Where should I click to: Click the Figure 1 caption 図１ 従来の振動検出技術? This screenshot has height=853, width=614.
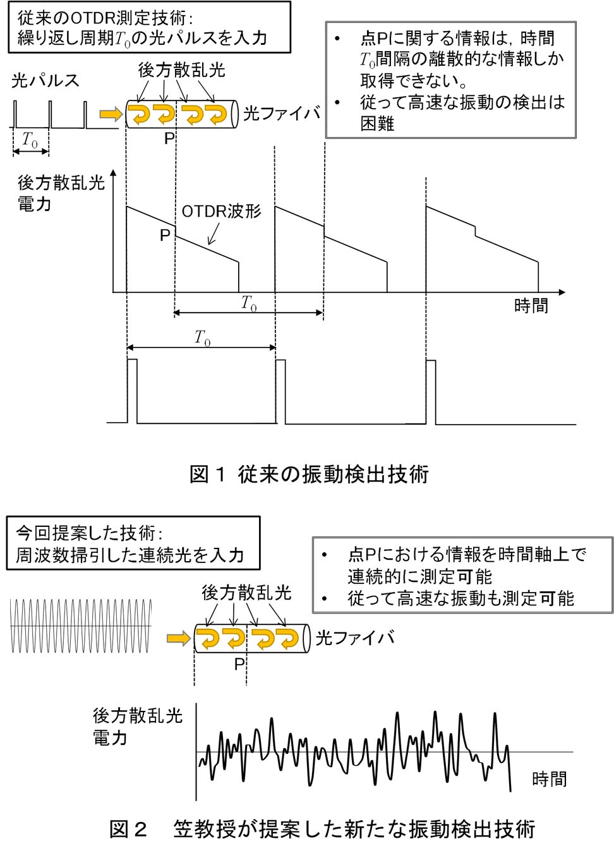309,474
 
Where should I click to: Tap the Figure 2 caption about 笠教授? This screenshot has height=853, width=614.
322,829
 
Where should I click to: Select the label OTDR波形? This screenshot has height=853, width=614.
221,212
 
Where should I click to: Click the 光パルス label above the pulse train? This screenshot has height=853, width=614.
45,80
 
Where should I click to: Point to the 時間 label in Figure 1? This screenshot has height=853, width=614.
531,306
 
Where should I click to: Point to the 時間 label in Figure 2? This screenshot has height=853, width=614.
549,779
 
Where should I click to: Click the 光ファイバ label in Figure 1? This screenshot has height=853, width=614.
282,114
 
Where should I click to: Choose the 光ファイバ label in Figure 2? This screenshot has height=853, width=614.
354,638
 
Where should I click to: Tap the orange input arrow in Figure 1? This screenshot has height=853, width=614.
111,114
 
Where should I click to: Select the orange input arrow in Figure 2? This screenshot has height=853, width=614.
178,639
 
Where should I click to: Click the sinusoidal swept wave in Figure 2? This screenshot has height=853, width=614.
81,626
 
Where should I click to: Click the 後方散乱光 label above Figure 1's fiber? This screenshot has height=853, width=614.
181,70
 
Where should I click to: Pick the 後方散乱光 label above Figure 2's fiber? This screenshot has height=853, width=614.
246,593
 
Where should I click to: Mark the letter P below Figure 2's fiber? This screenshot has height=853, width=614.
239,664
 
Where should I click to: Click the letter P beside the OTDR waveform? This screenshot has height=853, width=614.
165,236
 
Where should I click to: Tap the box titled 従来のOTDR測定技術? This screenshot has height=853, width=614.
149,27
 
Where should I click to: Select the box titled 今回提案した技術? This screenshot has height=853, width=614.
133,543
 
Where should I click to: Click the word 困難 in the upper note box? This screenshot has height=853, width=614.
377,123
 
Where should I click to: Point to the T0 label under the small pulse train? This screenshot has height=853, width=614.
30,140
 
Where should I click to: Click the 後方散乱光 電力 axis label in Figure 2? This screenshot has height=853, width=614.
137,726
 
